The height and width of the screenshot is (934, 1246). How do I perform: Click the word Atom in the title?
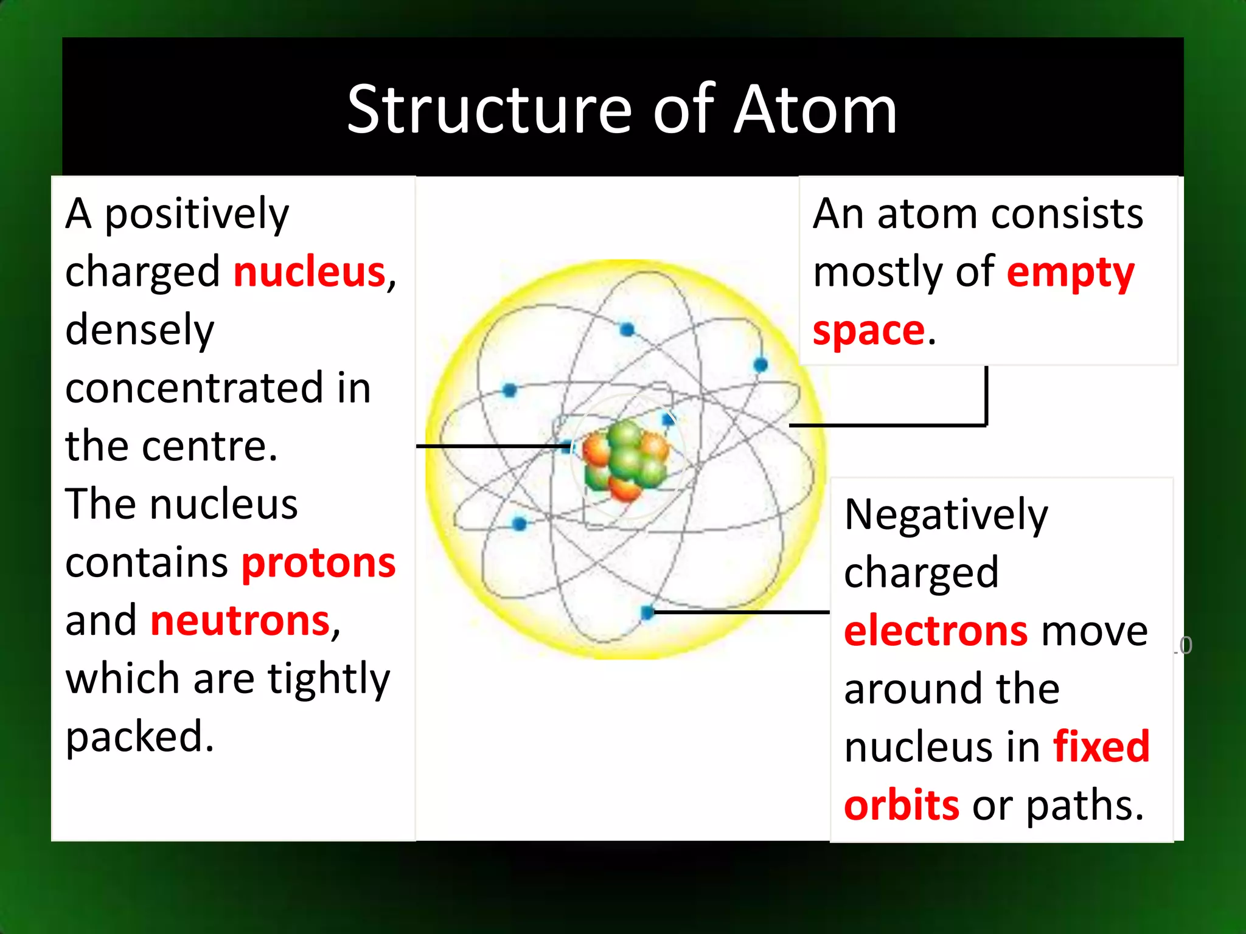[815, 109]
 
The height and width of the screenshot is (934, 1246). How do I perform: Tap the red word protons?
[319, 562]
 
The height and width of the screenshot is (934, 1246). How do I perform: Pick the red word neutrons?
[240, 621]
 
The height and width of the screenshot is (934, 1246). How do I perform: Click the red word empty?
[1070, 272]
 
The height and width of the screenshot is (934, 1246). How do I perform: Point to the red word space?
[869, 331]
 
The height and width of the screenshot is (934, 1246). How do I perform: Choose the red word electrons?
[936, 631]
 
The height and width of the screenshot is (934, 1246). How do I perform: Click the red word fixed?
[1101, 747]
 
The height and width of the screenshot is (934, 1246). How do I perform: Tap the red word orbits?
[902, 805]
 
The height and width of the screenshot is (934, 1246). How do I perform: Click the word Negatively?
[946, 514]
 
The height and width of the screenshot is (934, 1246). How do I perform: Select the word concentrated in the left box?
[194, 388]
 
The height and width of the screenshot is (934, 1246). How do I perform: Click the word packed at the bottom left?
[139, 736]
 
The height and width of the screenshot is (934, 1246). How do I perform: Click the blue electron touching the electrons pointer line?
[647, 612]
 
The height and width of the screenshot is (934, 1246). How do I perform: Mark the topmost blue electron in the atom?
[627, 330]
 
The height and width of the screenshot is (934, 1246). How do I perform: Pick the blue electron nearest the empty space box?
[760, 365]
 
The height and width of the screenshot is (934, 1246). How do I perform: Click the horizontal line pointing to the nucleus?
[493, 446]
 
